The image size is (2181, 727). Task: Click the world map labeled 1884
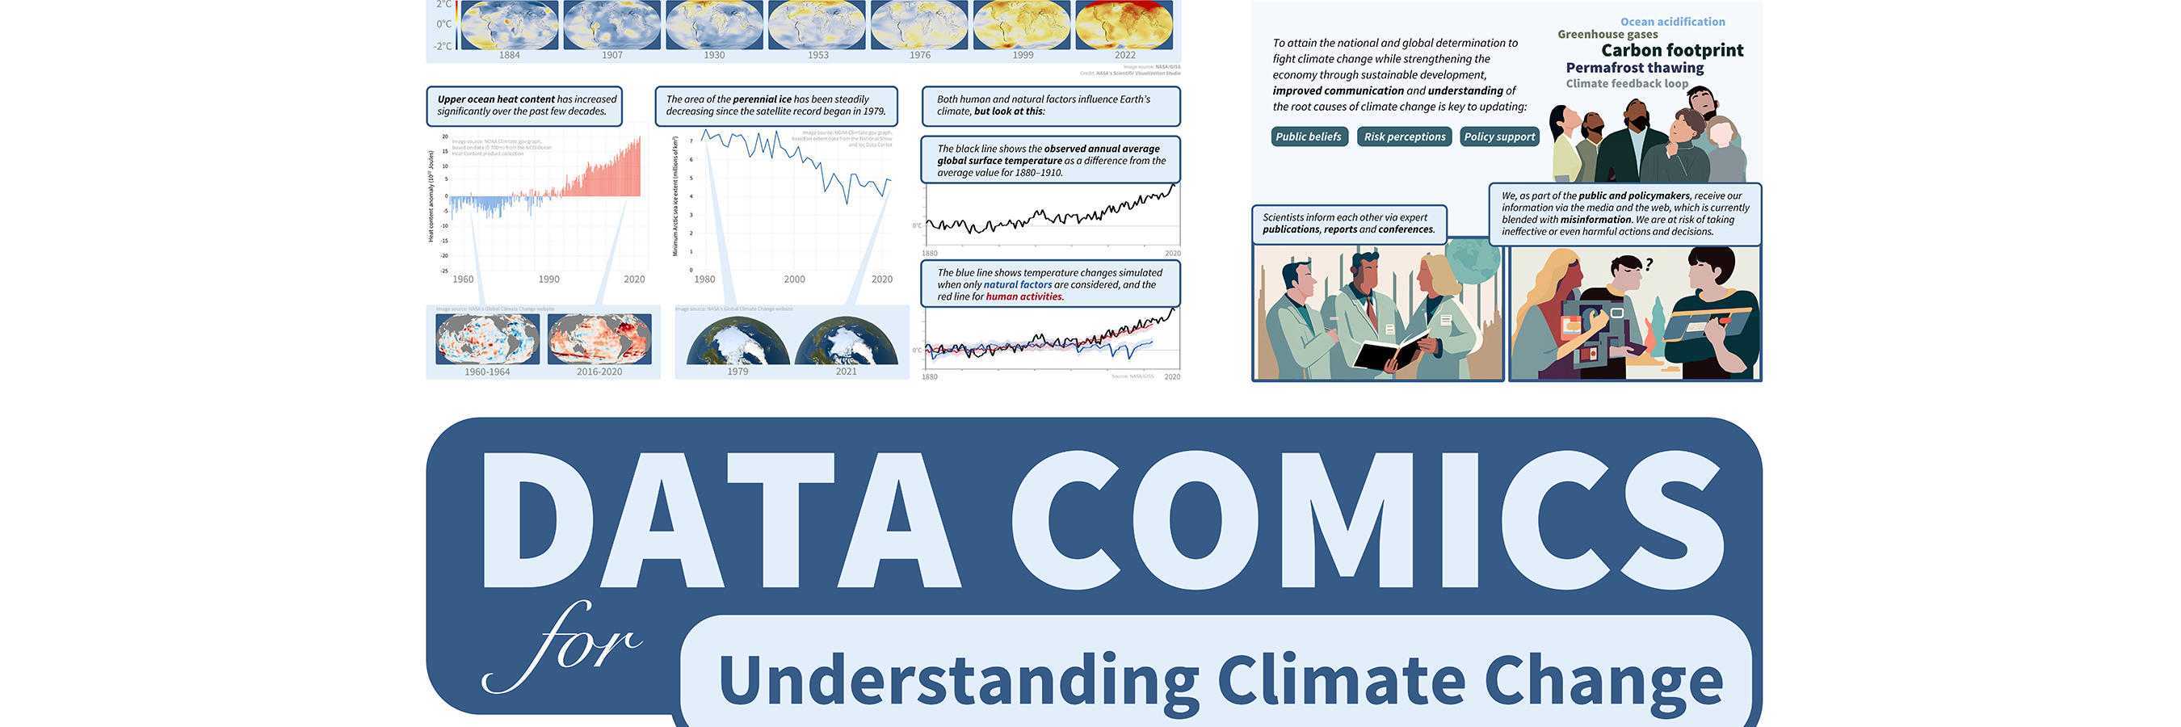click(x=509, y=25)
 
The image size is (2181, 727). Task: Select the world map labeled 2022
click(x=1124, y=25)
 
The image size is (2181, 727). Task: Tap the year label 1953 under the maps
click(x=817, y=55)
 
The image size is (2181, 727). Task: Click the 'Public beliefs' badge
click(x=1308, y=137)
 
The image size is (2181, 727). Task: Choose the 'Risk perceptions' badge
click(x=1405, y=137)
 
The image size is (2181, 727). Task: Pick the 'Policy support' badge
click(x=1498, y=137)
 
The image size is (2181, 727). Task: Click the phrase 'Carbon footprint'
click(x=1672, y=51)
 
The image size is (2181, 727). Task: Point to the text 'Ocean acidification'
click(x=1672, y=22)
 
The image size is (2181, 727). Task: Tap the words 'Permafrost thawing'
click(x=1634, y=68)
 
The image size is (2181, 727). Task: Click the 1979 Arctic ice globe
click(x=738, y=342)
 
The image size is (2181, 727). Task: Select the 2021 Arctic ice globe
click(x=846, y=342)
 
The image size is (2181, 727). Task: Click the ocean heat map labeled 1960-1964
click(x=487, y=338)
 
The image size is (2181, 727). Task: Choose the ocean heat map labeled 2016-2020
click(x=599, y=338)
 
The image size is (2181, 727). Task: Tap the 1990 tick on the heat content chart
click(x=548, y=279)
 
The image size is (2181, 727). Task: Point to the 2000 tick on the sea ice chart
click(x=794, y=279)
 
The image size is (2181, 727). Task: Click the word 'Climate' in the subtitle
click(x=1341, y=681)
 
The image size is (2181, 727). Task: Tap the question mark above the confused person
click(x=1649, y=265)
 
